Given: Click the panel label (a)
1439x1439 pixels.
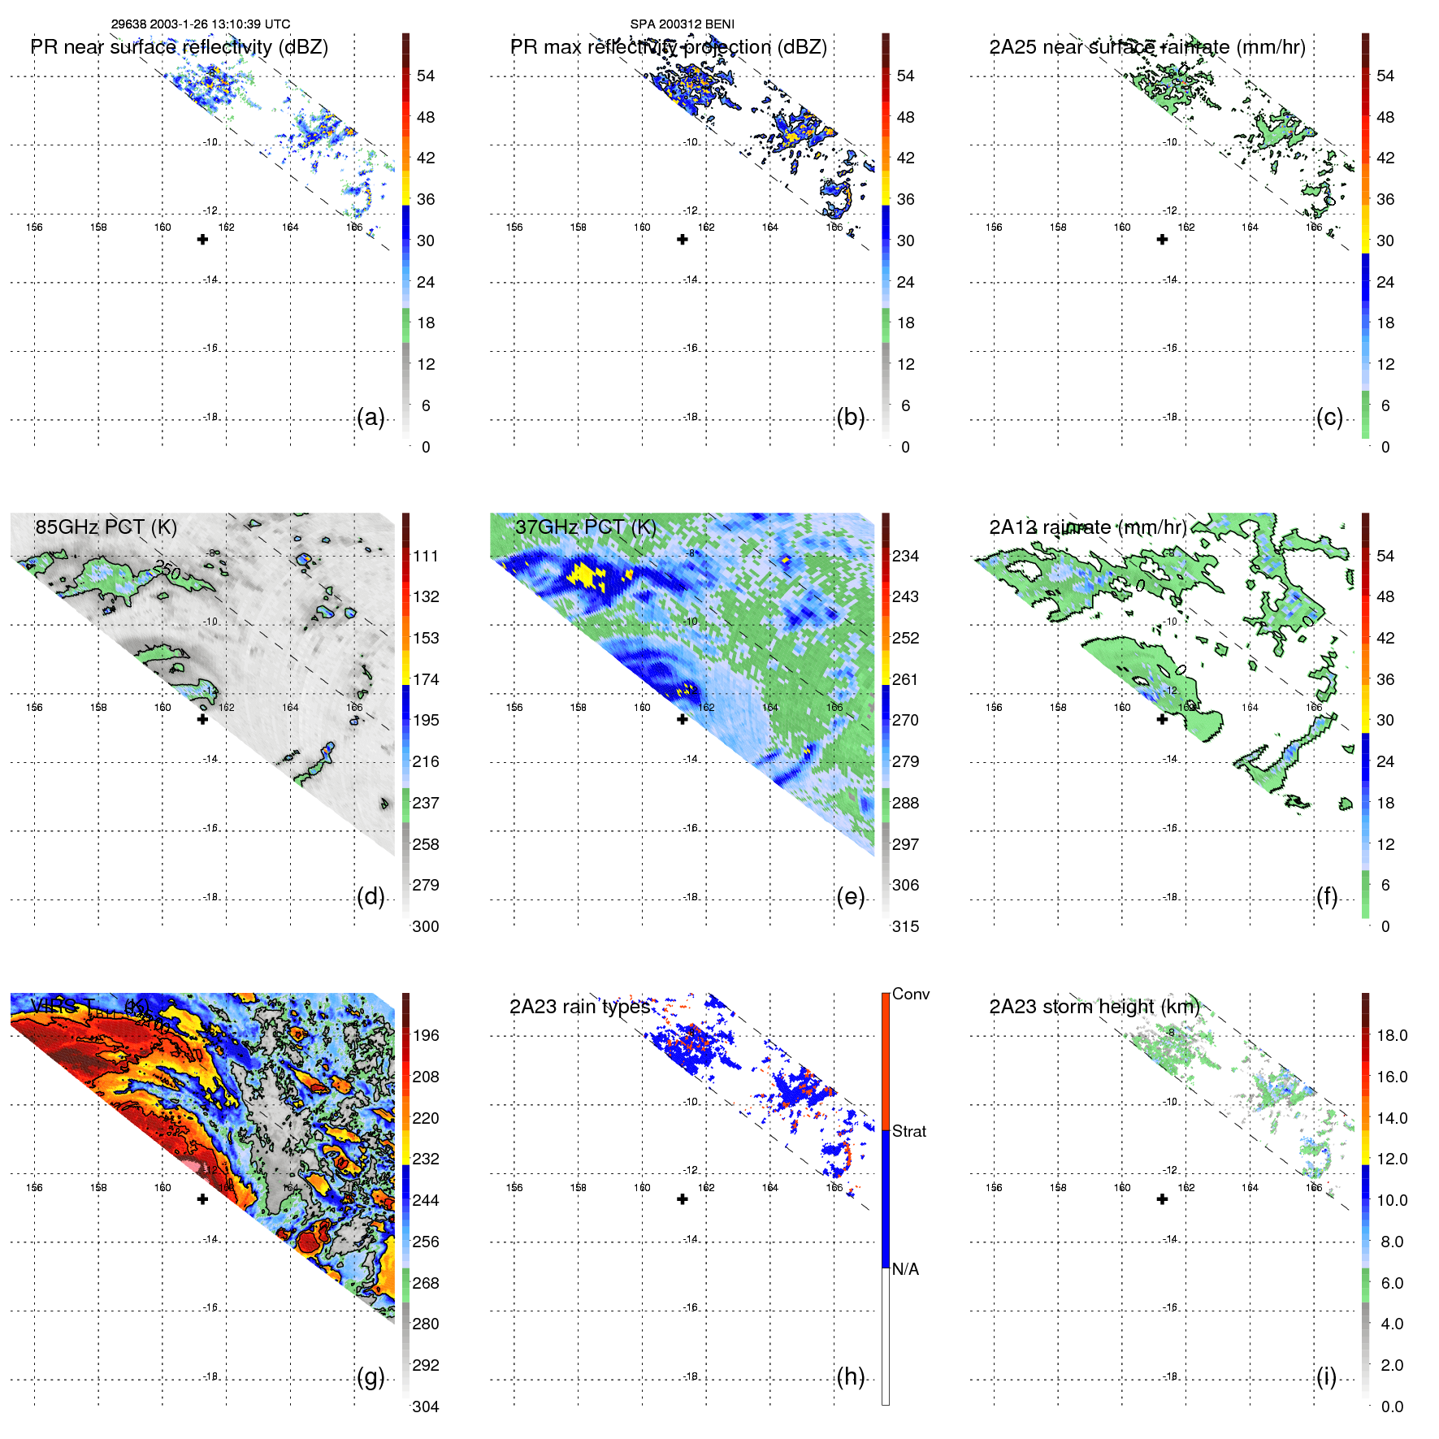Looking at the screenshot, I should pos(371,418).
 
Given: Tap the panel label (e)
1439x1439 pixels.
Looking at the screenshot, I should pos(851,897).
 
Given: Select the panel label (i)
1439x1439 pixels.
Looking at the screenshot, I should pos(1327,1377).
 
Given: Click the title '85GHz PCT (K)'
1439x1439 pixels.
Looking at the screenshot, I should pos(106,527).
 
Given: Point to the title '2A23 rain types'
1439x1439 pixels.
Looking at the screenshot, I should pos(579,1007).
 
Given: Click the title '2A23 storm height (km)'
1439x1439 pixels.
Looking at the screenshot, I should pos(1094,1007).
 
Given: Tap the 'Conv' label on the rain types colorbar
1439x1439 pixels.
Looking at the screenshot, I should pos(911,994).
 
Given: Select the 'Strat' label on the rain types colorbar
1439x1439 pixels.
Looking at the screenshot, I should pos(909,1131).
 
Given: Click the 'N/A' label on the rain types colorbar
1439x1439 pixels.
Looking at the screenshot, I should pos(906,1269).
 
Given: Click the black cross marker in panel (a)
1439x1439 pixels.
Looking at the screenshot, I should pos(202,240).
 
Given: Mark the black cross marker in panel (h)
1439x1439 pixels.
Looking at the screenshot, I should pos(683,1199).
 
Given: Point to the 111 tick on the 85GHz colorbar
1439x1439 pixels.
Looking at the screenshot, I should pos(426,556).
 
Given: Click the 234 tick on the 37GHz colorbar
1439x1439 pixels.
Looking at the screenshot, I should pos(905,556).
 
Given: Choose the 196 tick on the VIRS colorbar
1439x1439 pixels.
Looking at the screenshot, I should pos(426,1035).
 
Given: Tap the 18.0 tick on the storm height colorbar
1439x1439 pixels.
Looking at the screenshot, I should pos(1392,1035).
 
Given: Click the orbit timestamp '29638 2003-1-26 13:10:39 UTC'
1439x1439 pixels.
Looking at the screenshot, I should pos(201,24).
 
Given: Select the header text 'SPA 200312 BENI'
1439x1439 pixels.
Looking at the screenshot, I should pos(683,24).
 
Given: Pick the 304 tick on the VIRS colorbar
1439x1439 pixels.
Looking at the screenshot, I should pos(426,1406).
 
